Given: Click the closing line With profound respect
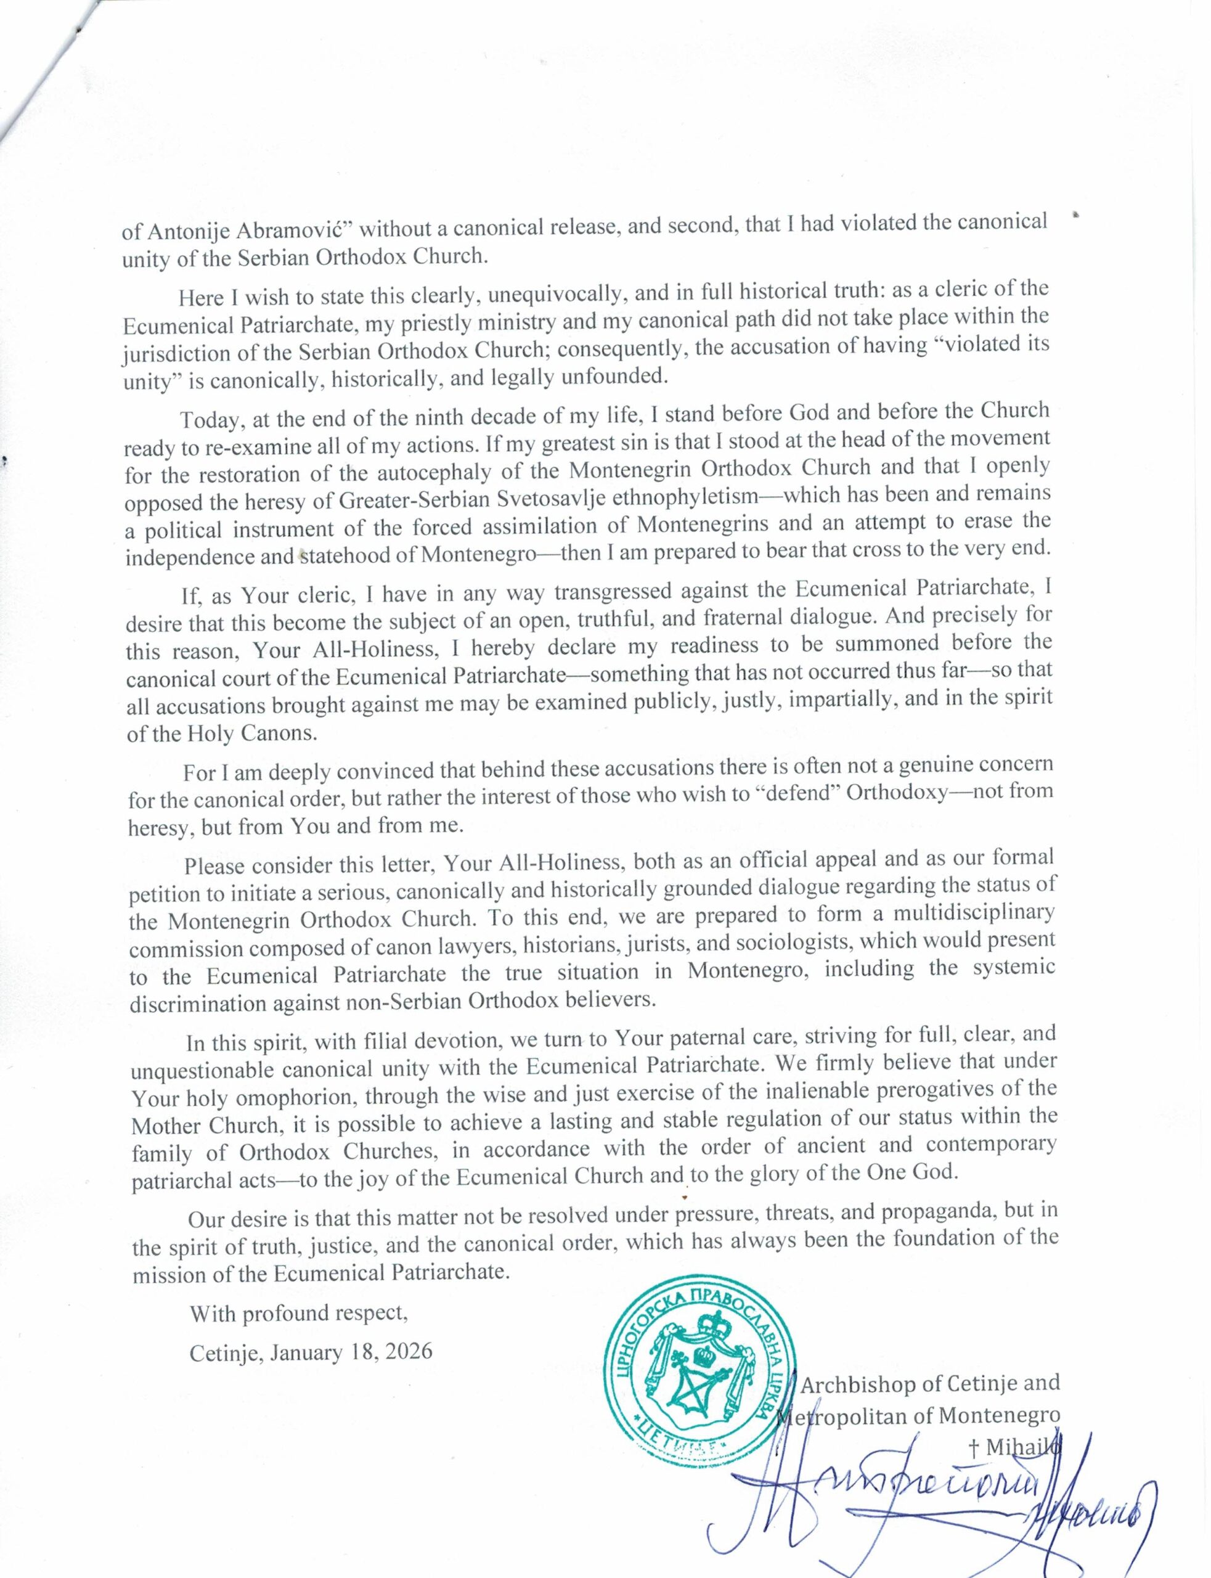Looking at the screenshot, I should click(x=298, y=1314).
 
